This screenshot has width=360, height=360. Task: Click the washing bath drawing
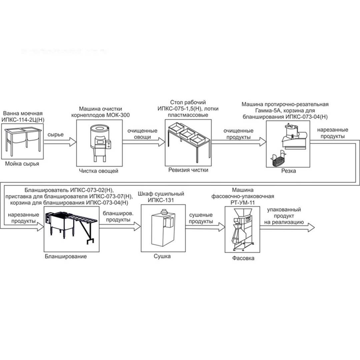23,141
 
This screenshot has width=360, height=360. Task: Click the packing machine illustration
242,230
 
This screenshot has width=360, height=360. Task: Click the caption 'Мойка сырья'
22,164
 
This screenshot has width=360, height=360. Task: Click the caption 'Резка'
289,171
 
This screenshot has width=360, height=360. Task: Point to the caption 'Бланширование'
66,256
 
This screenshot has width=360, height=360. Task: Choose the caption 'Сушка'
162,256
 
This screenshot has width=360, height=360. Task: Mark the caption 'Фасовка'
243,258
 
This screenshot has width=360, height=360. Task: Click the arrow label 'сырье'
56,135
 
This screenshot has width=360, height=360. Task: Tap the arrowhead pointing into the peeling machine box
73,142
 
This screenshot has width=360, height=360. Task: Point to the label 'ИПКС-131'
161,200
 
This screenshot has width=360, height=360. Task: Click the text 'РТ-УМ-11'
243,203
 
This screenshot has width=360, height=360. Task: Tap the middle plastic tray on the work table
188,133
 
